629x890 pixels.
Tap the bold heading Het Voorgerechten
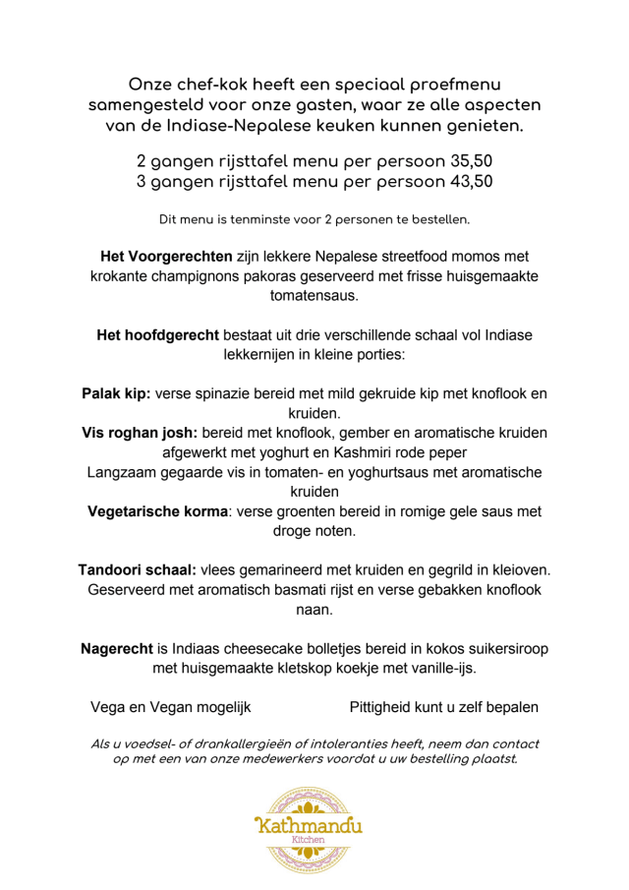166,257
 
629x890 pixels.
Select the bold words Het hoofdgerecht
158,335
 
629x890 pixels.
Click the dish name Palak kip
116,393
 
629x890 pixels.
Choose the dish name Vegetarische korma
158,511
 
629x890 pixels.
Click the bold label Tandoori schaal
137,570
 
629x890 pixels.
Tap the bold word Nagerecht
117,649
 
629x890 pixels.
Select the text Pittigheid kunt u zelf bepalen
443,707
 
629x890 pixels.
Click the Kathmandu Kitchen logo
308,828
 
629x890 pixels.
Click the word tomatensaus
314,295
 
